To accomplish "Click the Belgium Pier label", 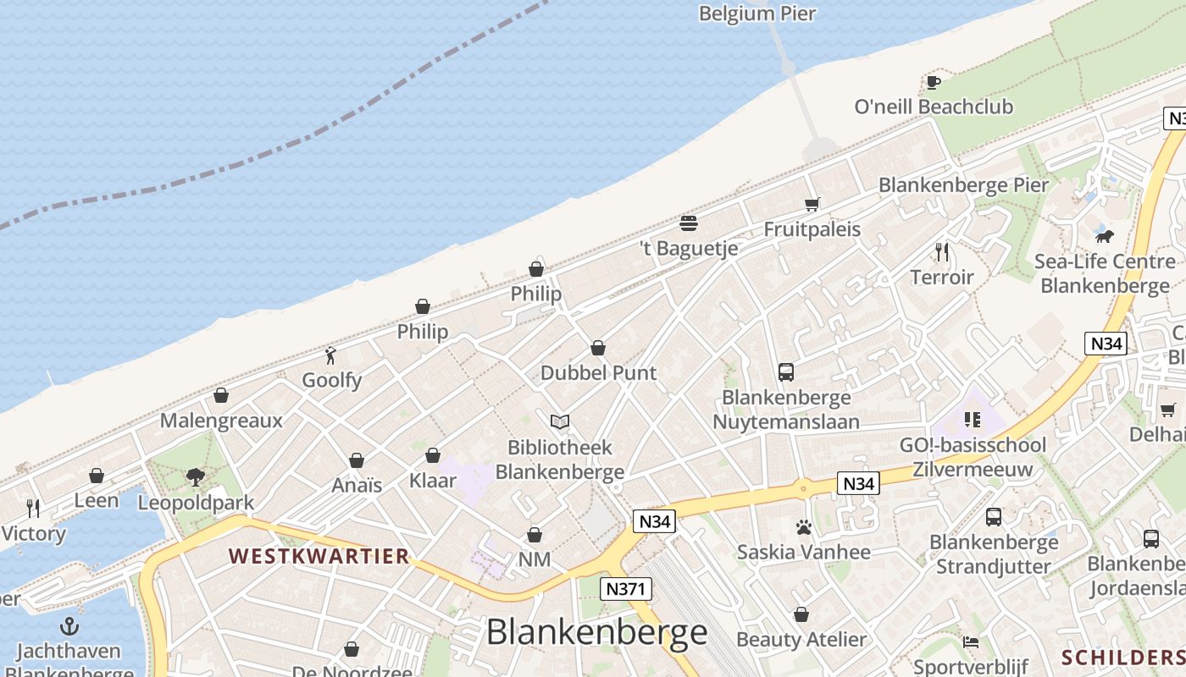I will tap(757, 14).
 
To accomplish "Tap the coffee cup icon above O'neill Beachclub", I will tap(933, 82).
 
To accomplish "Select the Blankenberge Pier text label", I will tap(963, 185).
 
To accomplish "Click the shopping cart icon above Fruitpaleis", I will tap(812, 204).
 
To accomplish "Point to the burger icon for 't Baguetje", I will tap(689, 223).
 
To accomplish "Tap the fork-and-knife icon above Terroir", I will tap(941, 251).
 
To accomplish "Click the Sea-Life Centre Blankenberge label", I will tap(1105, 273).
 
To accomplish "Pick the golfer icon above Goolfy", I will tap(331, 355).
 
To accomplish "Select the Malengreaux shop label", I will tap(221, 421).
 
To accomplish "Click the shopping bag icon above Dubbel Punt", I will tap(598, 348).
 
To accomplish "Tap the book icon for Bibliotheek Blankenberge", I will tap(559, 421).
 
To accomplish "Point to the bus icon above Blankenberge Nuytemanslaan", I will tap(786, 372).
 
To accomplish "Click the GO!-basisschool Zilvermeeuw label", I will tap(973, 457).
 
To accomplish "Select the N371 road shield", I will tap(625, 589).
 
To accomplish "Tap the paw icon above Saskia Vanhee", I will tap(804, 528).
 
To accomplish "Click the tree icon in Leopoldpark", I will tap(196, 477).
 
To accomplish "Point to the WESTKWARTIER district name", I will tap(319, 556).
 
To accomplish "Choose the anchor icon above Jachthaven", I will tap(69, 626).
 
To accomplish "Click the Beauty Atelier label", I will tap(801, 639).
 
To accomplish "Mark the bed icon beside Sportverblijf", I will tap(971, 642).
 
